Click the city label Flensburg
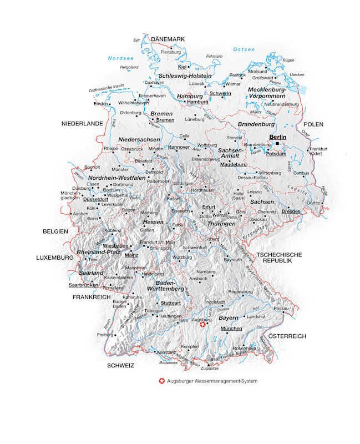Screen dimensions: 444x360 click(170, 52)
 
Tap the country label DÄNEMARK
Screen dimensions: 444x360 click(168, 39)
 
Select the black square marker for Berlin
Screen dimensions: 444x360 click(277, 143)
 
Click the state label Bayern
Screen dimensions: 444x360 click(228, 318)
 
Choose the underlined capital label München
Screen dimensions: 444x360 click(231, 329)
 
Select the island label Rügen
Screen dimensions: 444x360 click(288, 60)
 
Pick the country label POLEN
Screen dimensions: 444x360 click(313, 124)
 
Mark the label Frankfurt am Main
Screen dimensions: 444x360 click(158, 243)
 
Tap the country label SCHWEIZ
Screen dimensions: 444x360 click(121, 366)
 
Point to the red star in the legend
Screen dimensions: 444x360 click(161, 381)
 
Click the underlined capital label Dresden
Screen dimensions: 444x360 click(291, 211)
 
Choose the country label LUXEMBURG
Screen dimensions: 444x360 click(55, 258)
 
